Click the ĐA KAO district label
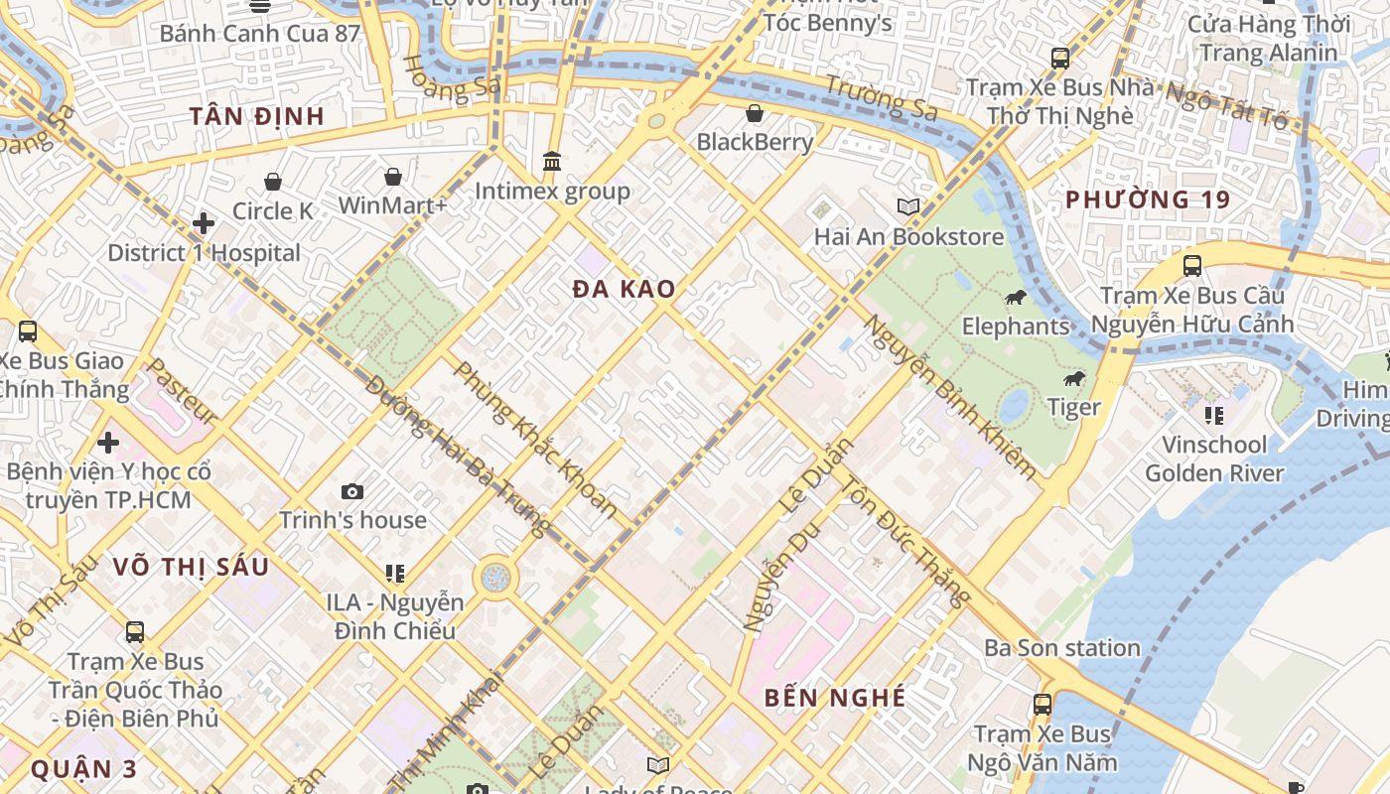point(625,290)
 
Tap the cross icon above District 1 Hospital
point(204,223)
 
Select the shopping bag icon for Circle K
point(273,182)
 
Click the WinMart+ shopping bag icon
point(393,177)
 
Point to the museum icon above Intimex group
point(552,161)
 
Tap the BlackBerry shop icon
point(755,112)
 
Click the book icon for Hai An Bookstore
point(908,206)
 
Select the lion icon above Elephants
point(1015,297)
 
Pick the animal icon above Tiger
point(1073,378)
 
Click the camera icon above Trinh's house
point(351,491)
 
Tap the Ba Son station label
point(1062,648)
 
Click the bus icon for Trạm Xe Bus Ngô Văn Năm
point(1042,705)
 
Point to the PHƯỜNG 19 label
point(1148,199)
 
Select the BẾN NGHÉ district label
point(835,698)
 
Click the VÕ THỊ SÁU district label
point(191,567)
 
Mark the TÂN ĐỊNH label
point(257,116)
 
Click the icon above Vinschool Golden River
point(1213,415)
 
